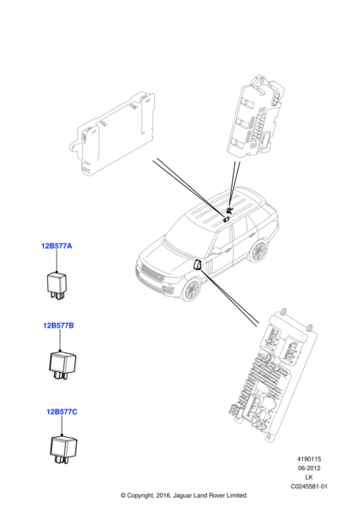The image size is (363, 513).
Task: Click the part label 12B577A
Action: tap(57, 245)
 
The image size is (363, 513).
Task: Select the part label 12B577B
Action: tap(58, 326)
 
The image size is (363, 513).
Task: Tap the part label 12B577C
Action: tap(62, 411)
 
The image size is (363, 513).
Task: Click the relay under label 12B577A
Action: tap(57, 286)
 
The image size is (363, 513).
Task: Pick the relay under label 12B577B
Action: tap(62, 365)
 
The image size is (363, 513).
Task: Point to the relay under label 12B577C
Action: tap(63, 449)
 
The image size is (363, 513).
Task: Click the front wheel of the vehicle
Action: tap(192, 290)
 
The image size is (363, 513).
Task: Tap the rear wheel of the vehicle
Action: tap(259, 251)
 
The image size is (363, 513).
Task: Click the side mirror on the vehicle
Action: tap(217, 251)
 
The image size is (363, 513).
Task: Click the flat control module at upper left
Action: tap(112, 132)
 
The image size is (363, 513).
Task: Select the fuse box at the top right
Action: tap(255, 117)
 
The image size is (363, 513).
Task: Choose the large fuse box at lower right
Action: tap(272, 375)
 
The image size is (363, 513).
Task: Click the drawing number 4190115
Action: tap(309, 459)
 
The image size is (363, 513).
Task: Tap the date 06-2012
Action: tap(309, 469)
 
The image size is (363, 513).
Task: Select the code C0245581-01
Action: tap(309, 486)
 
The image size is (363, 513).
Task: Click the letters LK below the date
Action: tap(308, 477)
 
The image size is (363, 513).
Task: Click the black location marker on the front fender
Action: tap(199, 265)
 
